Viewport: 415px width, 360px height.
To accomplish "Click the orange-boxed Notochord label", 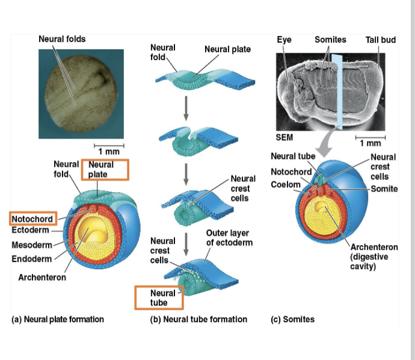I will pyautogui.click(x=32, y=219).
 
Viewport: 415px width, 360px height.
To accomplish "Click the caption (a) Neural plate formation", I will pyautogui.click(x=58, y=319).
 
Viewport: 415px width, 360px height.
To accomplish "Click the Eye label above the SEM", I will pyautogui.click(x=284, y=40).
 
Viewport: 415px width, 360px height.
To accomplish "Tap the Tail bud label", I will pyautogui.click(x=380, y=40).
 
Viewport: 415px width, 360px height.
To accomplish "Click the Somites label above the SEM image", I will pyautogui.click(x=330, y=40).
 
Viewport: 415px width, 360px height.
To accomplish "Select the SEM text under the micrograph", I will pyautogui.click(x=284, y=137).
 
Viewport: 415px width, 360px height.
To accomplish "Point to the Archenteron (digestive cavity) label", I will pyautogui.click(x=373, y=256).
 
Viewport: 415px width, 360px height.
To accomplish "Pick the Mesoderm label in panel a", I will pyautogui.click(x=32, y=244).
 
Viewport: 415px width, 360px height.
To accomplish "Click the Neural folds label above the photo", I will pyautogui.click(x=62, y=39).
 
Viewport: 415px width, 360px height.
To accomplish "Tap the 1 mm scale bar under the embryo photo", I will pyautogui.click(x=108, y=147).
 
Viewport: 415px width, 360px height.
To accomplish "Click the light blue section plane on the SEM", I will pyautogui.click(x=336, y=90).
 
